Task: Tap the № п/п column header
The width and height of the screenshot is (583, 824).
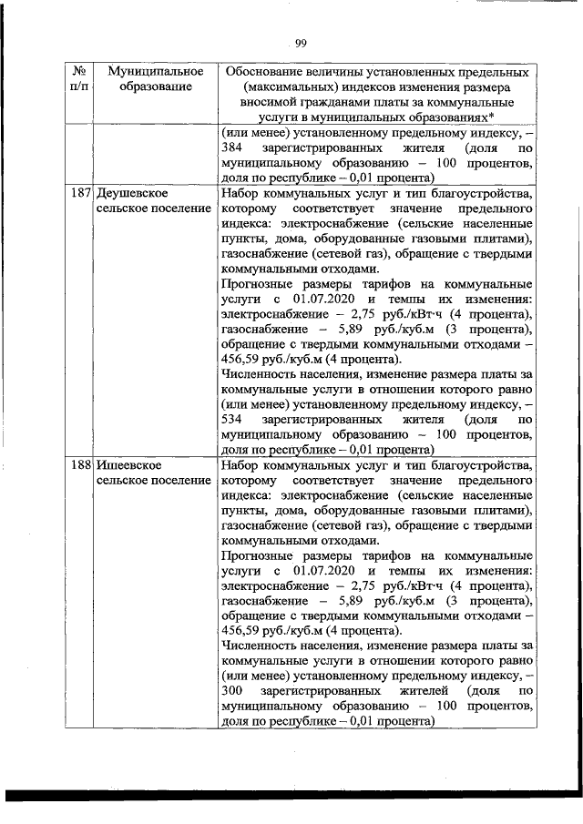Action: (77, 78)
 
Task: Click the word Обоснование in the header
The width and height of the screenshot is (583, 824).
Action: (270, 70)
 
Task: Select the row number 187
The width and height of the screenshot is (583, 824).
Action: (79, 194)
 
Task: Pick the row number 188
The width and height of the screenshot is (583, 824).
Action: (79, 465)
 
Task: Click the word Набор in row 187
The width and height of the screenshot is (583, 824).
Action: (240, 194)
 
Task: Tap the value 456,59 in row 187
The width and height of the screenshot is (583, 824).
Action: (240, 359)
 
